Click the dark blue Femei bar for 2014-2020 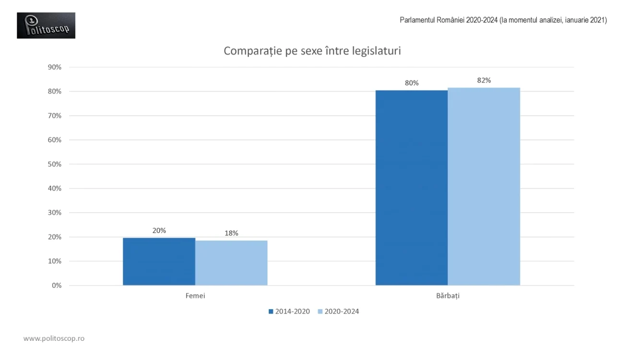point(159,262)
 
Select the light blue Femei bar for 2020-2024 point(231,263)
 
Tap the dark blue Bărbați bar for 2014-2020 point(411,188)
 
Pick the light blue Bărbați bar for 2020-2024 point(484,186)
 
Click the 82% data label point(484,80)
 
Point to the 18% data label point(231,233)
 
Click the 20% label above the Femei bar point(159,230)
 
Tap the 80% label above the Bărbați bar point(412,83)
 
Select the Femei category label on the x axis point(195,296)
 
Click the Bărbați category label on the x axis point(448,296)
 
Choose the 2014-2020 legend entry point(289,312)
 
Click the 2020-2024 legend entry point(338,312)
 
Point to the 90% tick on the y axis point(55,67)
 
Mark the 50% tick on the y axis point(55,164)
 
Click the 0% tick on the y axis point(57,286)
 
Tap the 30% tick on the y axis point(55,213)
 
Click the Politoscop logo point(46,25)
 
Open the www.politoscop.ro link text point(54,338)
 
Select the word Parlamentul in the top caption point(417,20)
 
